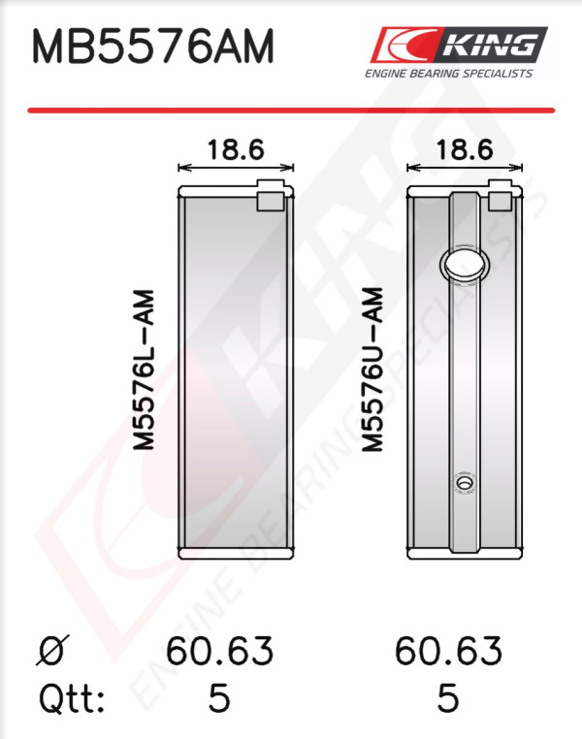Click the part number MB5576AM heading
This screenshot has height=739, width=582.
pyautogui.click(x=152, y=47)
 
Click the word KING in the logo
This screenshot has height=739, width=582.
pyautogui.click(x=491, y=46)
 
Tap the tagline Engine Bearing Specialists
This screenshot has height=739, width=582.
pyautogui.click(x=449, y=74)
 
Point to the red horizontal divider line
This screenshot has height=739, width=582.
pyautogui.click(x=291, y=111)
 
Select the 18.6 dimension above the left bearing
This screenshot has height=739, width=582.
pyautogui.click(x=236, y=150)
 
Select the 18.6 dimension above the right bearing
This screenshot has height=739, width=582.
pyautogui.click(x=465, y=150)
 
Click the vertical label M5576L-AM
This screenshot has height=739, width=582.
pyautogui.click(x=144, y=370)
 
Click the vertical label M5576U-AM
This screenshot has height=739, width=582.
pyautogui.click(x=372, y=370)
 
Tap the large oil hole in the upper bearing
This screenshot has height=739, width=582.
pyautogui.click(x=465, y=266)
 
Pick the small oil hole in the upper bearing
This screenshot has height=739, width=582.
pyautogui.click(x=465, y=483)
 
